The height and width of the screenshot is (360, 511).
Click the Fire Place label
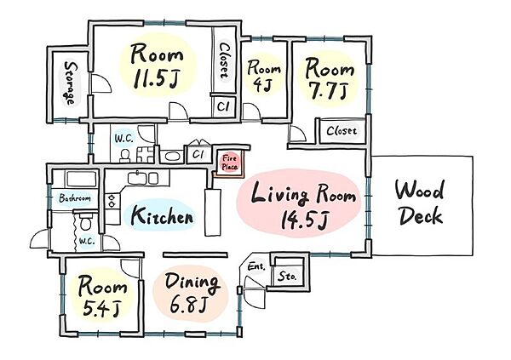coord(230,163)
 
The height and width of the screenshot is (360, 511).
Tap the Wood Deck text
coord(420,203)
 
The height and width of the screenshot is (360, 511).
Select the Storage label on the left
coord(70,83)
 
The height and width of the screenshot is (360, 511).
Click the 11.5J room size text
coord(156,77)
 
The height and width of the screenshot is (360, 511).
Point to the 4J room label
coord(262,85)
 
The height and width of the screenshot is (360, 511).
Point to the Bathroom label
coord(75,197)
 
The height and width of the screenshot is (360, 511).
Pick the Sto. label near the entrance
coord(287,277)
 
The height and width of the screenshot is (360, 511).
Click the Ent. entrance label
coord(256,266)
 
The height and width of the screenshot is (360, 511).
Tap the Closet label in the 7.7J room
coord(342,131)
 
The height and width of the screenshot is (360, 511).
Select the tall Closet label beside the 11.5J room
coord(224,61)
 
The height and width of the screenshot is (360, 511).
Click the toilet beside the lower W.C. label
coord(86,221)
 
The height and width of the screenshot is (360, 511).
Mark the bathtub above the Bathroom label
coord(82,179)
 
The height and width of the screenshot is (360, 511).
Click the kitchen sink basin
coord(137,178)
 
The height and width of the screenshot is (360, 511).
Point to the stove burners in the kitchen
coord(112,201)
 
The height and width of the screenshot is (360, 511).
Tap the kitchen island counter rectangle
coord(212,212)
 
